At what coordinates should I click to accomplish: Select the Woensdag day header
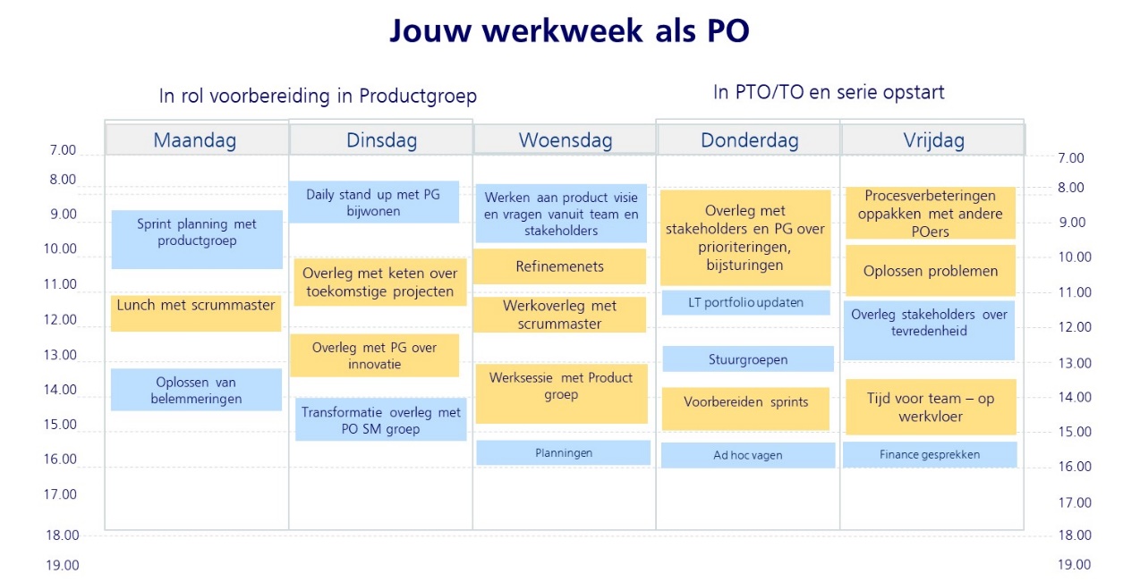565,139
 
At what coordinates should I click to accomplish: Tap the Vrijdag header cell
933,139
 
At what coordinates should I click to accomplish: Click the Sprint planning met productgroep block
197,240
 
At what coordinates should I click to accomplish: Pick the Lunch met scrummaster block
196,313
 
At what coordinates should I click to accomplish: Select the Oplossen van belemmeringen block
197,390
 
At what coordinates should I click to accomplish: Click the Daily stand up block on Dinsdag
373,202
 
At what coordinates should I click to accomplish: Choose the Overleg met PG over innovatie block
375,355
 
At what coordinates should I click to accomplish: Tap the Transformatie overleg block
380,419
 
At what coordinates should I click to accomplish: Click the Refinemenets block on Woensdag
560,266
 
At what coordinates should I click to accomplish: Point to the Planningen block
564,452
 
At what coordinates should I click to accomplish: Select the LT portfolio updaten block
745,302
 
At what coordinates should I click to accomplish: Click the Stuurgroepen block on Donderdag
747,358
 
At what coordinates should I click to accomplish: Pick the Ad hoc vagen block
747,455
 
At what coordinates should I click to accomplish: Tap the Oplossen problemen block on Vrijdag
931,270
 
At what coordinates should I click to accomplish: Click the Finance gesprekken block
930,454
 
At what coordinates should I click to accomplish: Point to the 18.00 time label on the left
62,536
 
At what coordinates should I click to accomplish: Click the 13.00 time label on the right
1075,363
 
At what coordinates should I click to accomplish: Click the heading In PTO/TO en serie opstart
829,92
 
